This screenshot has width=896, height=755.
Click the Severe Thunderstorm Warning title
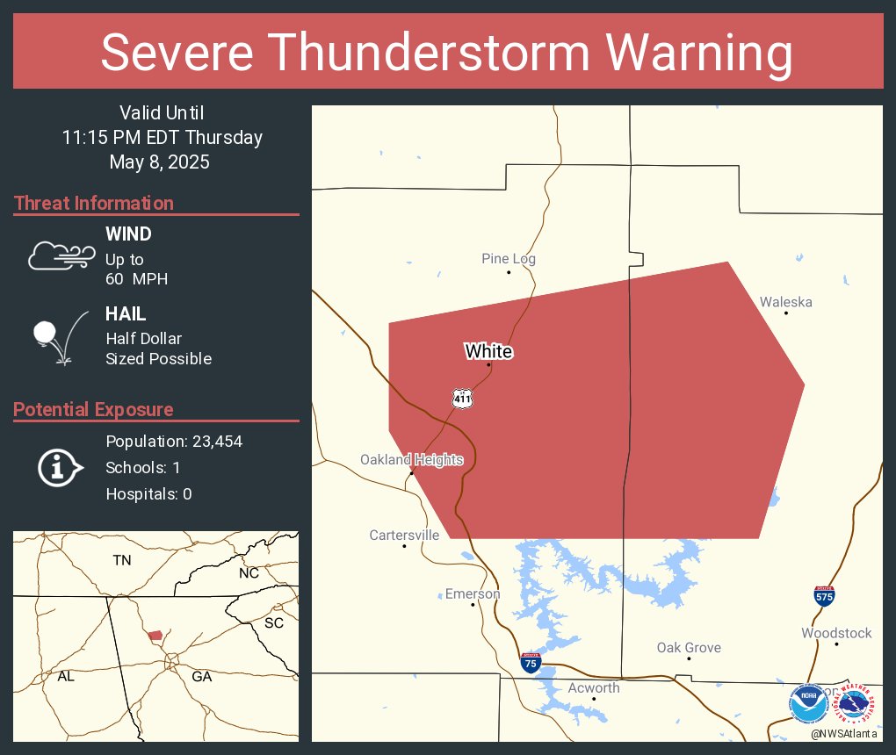447,53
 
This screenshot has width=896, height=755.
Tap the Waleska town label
785,302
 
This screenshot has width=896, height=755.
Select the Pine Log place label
508,259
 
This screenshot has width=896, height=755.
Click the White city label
488,352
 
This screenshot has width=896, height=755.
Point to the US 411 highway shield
463,398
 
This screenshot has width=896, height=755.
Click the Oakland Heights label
411,460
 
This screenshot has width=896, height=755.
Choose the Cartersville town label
404,536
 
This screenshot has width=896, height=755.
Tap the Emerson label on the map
472,594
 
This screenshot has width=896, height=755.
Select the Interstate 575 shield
823,596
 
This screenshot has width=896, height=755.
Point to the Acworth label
593,688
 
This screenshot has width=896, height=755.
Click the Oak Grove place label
689,648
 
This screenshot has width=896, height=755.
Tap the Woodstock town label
836,633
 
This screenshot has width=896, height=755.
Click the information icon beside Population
60,467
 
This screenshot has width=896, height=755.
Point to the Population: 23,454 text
174,441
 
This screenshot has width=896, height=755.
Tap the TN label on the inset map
121,559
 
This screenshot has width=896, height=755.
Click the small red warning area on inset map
155,635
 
